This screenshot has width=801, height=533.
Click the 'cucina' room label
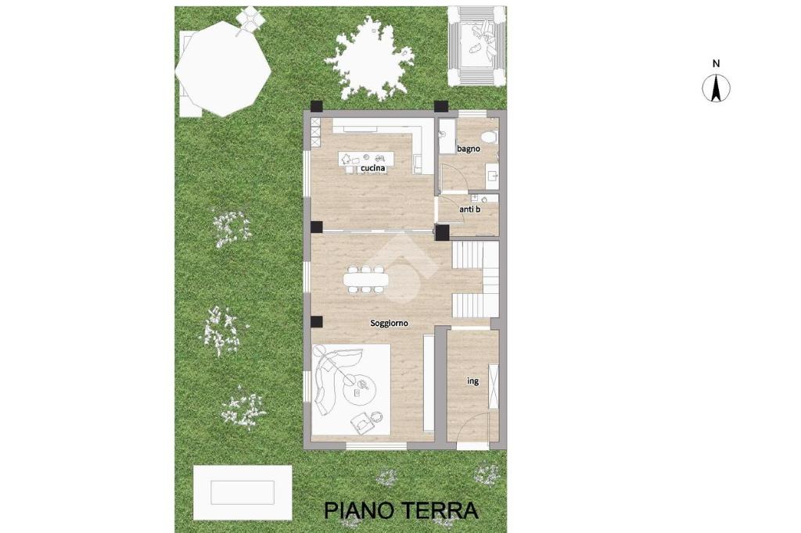(373, 168)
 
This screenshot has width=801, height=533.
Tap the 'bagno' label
(469, 148)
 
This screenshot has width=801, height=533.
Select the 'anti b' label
(469, 209)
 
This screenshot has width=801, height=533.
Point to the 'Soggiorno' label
(390, 324)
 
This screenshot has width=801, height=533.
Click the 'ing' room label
(473, 381)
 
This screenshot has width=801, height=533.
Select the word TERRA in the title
(441, 510)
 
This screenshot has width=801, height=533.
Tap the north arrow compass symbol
(717, 88)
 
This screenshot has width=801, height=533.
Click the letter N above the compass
(717, 64)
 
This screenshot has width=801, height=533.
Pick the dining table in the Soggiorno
(366, 279)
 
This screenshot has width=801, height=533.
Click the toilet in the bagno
(490, 137)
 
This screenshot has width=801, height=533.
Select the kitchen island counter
(366, 158)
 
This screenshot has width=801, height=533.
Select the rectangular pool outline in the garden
(242, 492)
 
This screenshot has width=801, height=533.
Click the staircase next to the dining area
(475, 279)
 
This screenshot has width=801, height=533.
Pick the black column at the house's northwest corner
(318, 106)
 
